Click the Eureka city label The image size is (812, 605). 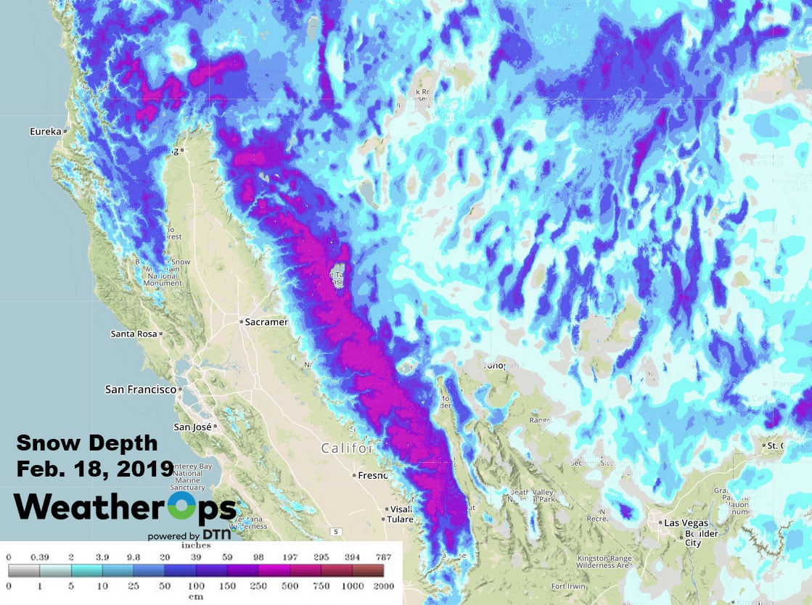[x=45, y=132]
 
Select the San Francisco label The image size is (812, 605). [x=140, y=390]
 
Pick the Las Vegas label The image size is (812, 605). [x=686, y=522]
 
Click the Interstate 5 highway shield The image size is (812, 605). [x=336, y=532]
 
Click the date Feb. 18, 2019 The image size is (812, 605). [x=94, y=468]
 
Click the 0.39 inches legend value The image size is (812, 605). [x=39, y=557]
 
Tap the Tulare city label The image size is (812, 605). [x=398, y=519]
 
